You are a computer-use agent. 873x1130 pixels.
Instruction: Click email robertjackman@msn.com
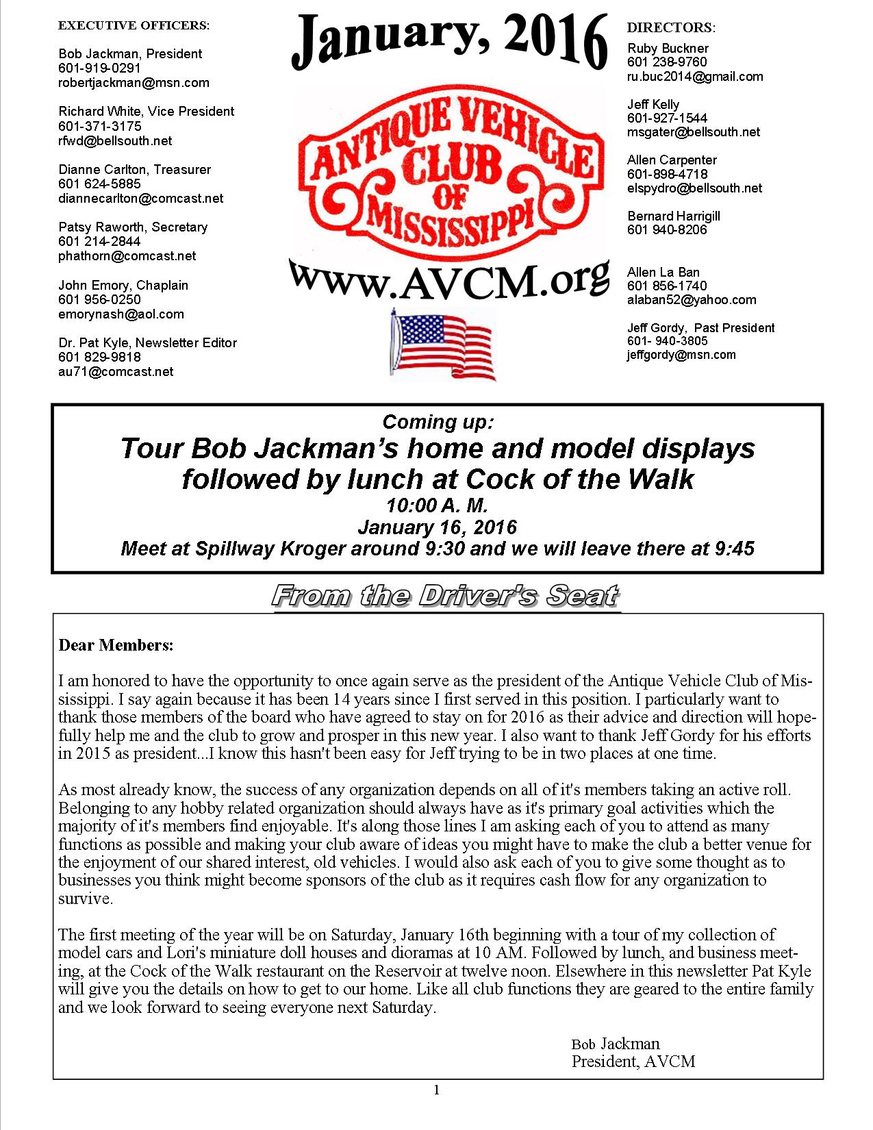point(134,83)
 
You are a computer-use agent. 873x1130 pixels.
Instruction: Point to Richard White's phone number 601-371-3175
point(100,126)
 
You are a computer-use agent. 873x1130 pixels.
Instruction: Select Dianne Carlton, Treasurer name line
point(134,169)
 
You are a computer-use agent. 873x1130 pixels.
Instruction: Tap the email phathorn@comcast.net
point(127,256)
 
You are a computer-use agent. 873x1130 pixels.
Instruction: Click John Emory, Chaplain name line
point(123,285)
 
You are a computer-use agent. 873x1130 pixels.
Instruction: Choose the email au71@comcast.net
point(116,372)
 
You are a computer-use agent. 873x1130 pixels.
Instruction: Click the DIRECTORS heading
point(671,28)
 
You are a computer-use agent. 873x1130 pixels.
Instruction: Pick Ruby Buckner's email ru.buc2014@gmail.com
point(695,77)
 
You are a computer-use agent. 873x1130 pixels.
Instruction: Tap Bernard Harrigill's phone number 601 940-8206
point(667,230)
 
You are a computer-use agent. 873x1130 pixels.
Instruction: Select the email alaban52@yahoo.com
point(692,300)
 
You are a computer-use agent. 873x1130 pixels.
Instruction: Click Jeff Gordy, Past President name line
point(700,328)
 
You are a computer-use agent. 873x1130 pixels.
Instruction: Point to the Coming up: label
point(437,421)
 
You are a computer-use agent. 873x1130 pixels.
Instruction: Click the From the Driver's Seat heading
point(446,596)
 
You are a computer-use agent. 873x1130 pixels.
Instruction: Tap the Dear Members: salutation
point(116,645)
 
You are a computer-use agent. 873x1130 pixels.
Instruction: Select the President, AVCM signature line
point(633,1062)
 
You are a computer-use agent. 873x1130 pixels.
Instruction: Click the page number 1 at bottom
point(437,1090)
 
